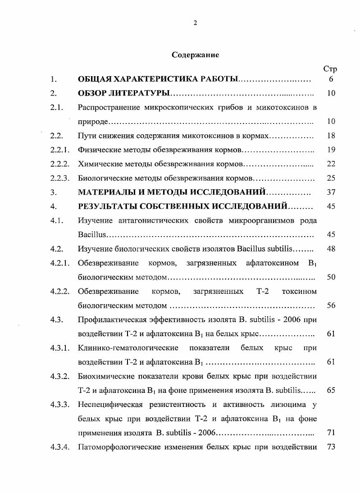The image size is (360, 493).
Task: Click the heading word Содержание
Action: [x=195, y=55]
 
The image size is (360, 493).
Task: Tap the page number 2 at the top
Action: [x=195, y=23]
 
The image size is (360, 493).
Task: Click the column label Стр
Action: [x=330, y=69]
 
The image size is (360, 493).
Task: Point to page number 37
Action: [x=331, y=192]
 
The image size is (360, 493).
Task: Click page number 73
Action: [x=331, y=447]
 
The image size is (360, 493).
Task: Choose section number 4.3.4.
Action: [x=59, y=447]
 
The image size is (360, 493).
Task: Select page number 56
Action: [x=331, y=305]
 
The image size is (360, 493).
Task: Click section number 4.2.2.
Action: [x=59, y=291]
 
